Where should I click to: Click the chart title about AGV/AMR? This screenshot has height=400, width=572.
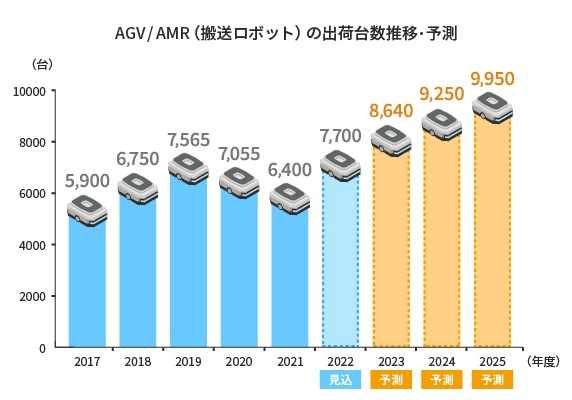(286, 33)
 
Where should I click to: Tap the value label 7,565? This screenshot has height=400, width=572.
(188, 139)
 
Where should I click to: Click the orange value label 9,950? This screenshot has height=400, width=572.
(492, 77)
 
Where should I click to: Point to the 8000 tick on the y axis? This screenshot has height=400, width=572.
(33, 142)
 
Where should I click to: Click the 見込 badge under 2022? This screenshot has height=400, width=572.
(340, 380)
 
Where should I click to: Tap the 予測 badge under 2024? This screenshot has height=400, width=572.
(441, 380)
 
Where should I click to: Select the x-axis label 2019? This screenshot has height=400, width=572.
(188, 361)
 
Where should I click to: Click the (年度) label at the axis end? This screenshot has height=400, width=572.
(544, 361)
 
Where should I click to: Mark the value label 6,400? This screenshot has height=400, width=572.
(290, 169)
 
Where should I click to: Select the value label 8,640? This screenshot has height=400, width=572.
(391, 111)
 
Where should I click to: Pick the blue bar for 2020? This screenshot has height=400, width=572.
(239, 270)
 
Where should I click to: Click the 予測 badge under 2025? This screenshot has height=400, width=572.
(492, 380)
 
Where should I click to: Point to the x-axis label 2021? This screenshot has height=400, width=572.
(290, 361)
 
